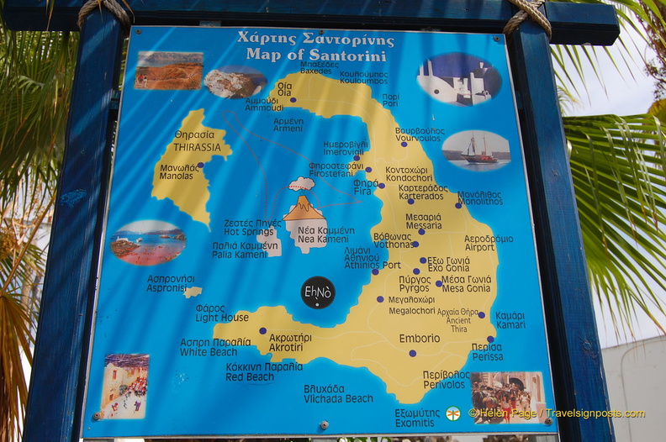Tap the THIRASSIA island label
(197, 146)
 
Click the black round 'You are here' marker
(318, 292)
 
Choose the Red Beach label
(250, 377)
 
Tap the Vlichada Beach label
(338, 397)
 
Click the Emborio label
(419, 339)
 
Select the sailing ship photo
(476, 150)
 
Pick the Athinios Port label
(373, 265)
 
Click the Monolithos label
(480, 202)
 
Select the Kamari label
(510, 324)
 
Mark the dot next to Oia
(293, 99)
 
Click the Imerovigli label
(345, 151)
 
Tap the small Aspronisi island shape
(193, 292)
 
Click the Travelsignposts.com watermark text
(595, 413)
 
